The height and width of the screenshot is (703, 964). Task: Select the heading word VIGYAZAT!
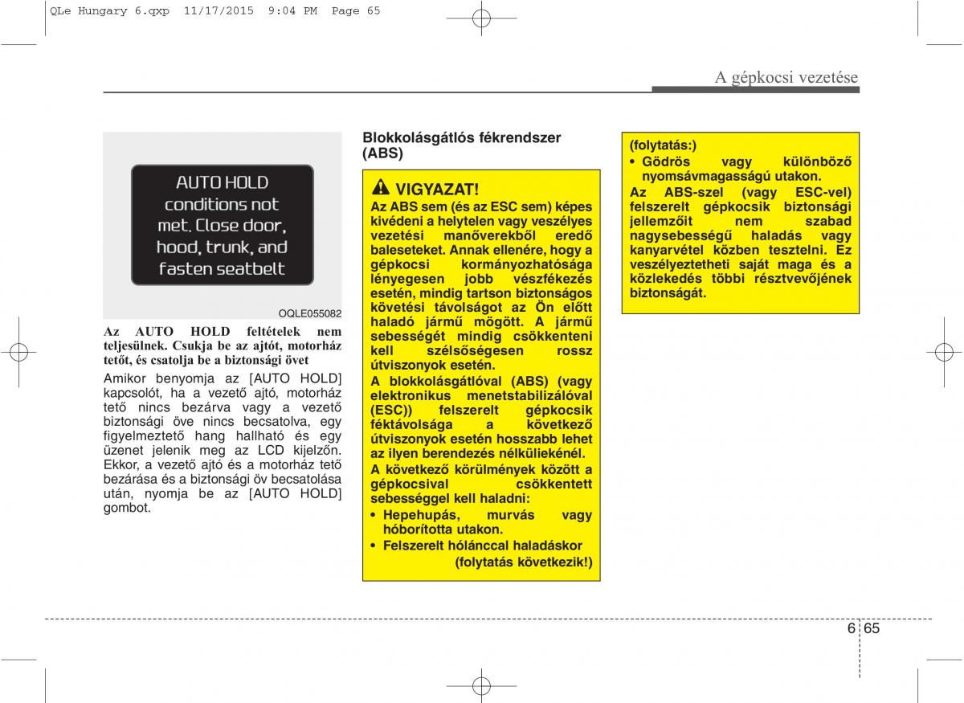(437, 190)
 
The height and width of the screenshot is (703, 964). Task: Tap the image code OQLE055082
(310, 313)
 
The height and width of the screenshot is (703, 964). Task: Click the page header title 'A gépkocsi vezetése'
(786, 77)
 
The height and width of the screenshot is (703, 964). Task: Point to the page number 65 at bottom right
(872, 628)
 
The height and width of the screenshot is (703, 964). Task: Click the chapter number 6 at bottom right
(851, 628)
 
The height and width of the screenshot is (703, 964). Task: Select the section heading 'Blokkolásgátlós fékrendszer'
(461, 138)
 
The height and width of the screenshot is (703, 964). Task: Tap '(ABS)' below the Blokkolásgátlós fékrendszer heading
(382, 153)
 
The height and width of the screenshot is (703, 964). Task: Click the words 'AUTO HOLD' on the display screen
(222, 182)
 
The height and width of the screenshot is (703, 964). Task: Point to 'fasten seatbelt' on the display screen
(222, 268)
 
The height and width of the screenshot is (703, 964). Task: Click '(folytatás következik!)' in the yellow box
(524, 562)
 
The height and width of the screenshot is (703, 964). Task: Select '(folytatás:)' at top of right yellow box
(664, 145)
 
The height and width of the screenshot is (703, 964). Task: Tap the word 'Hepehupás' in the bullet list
(420, 515)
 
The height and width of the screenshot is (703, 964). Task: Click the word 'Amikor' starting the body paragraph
(127, 378)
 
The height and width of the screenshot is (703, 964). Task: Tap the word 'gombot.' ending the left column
(127, 508)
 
